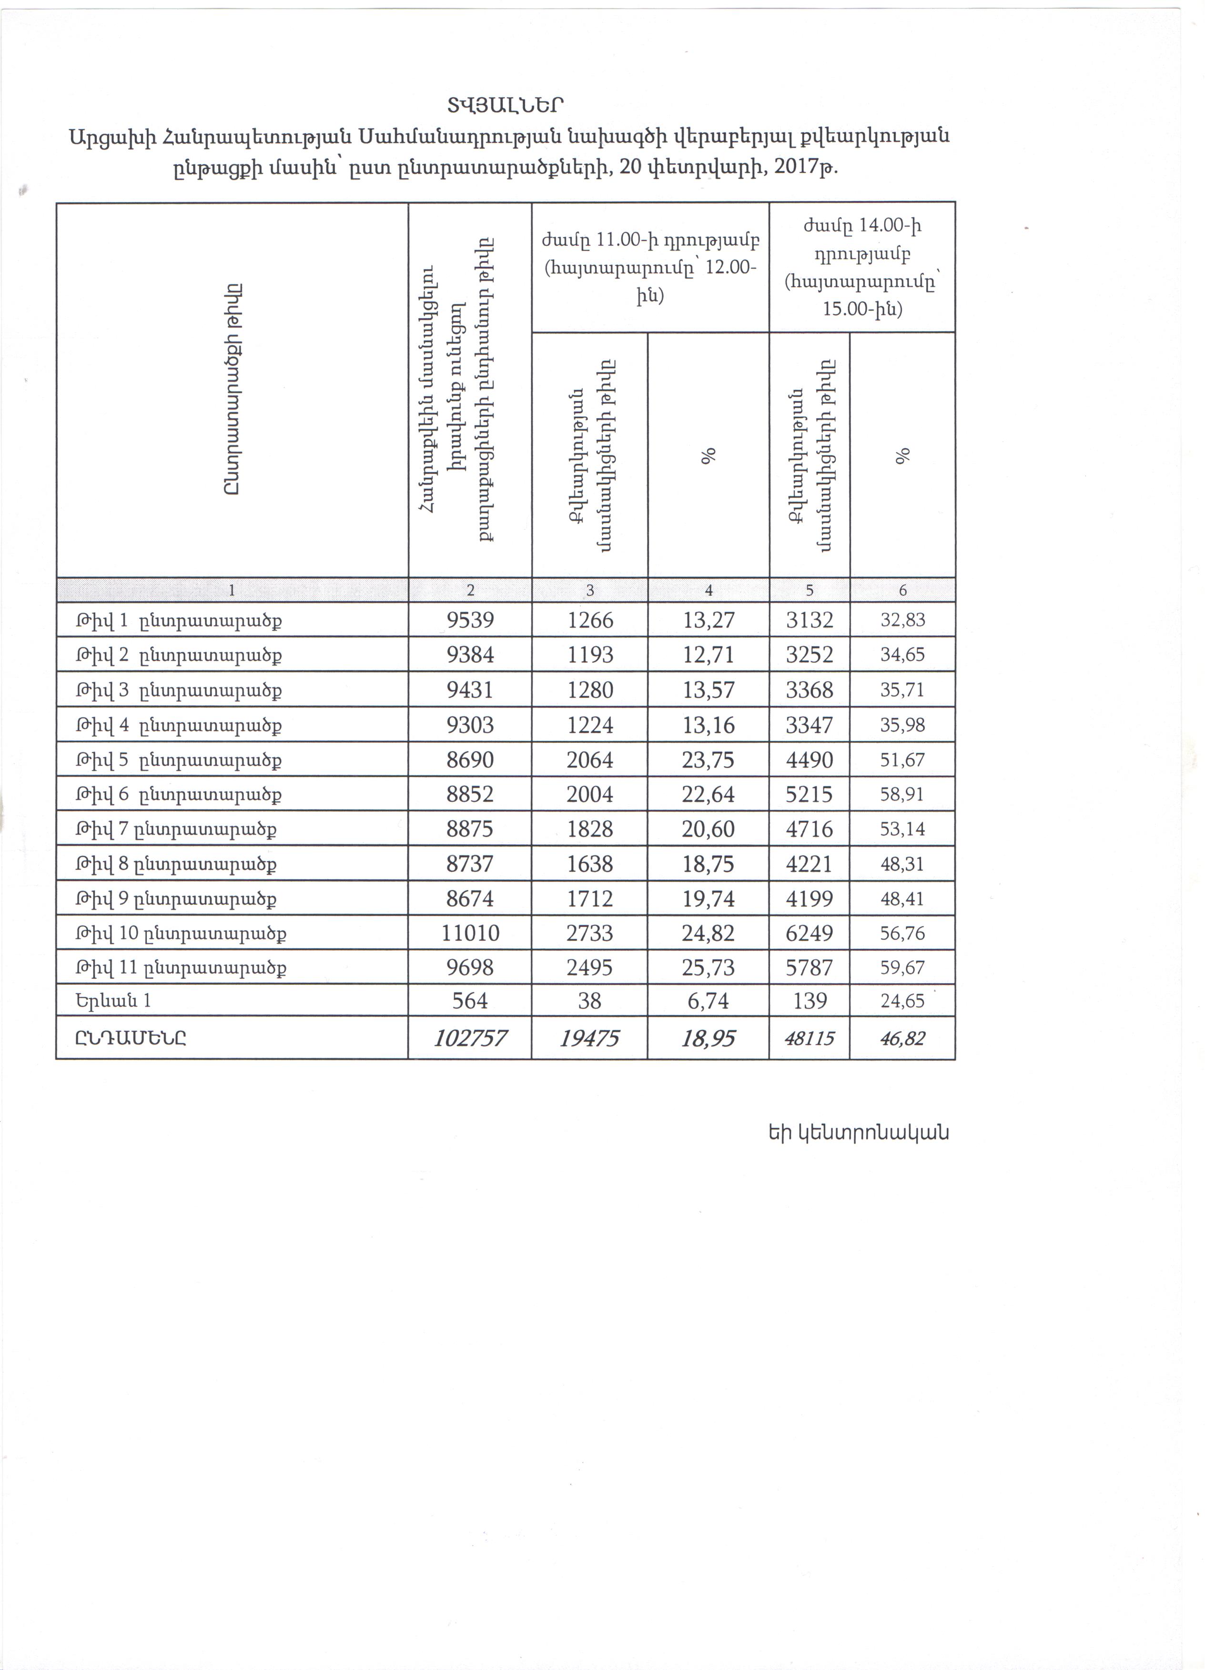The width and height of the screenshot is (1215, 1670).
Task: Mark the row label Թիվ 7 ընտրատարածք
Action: click(x=177, y=830)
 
